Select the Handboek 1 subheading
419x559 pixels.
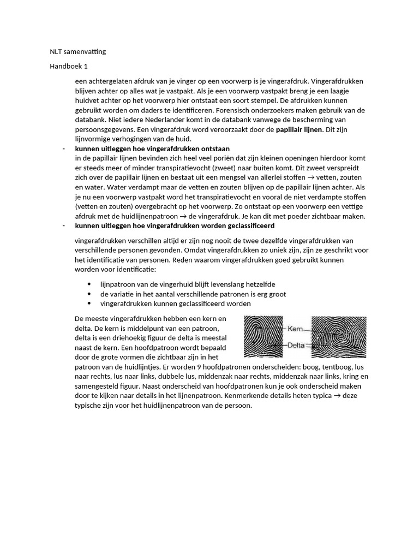pos(69,66)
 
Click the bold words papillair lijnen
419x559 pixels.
pos(300,129)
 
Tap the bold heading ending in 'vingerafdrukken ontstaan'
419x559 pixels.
pos(152,148)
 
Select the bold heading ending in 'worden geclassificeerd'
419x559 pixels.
pos(175,225)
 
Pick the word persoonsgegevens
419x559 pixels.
pos(103,129)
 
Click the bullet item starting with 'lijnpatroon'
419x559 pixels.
pos(188,284)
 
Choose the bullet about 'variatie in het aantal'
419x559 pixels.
pos(193,294)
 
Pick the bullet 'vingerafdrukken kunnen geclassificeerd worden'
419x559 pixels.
pos(176,304)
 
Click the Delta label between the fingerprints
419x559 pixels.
pos(296,345)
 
